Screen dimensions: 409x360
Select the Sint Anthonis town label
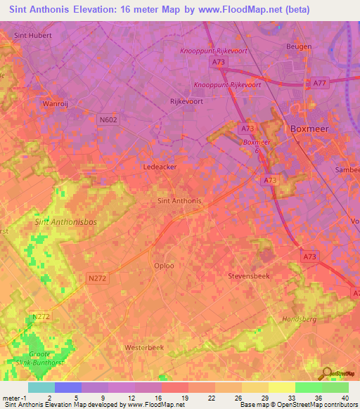point(177,201)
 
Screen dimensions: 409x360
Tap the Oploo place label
point(164,266)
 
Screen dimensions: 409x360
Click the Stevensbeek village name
point(248,276)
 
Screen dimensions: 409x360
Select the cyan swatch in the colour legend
point(41,387)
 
